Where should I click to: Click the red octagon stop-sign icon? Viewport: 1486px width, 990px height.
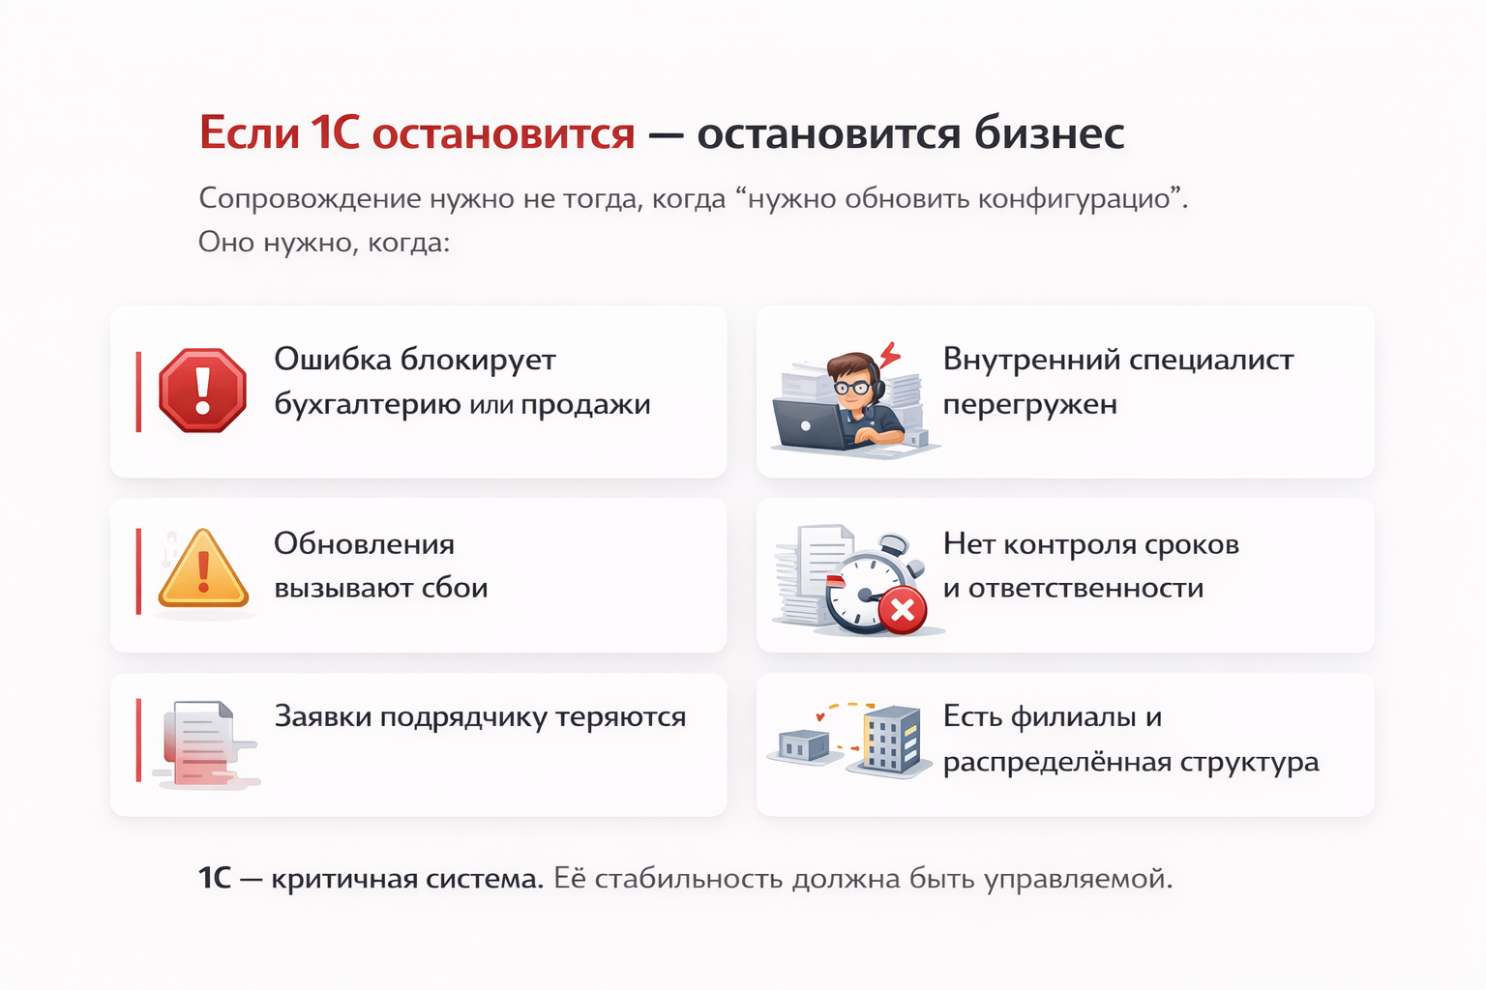(x=202, y=391)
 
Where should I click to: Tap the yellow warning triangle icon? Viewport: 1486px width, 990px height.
(x=203, y=568)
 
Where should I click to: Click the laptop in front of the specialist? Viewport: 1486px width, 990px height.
(x=811, y=424)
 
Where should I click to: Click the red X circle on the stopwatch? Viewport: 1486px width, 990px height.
(x=903, y=610)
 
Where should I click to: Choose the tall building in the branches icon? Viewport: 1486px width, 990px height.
(x=891, y=740)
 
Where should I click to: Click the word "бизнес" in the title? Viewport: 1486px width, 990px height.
(x=1049, y=134)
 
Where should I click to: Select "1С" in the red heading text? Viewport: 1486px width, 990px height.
(x=335, y=132)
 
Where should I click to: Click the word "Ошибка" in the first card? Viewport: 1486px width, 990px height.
(x=333, y=360)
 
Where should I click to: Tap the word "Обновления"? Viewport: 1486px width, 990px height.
(x=364, y=544)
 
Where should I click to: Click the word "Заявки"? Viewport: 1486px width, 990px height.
(x=323, y=716)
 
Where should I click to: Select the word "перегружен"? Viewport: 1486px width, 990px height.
(x=1030, y=405)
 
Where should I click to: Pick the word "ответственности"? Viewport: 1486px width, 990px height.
(x=1086, y=588)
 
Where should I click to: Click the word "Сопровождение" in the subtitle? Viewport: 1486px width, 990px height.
(x=310, y=199)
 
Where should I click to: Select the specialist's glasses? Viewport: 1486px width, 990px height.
(x=851, y=387)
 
